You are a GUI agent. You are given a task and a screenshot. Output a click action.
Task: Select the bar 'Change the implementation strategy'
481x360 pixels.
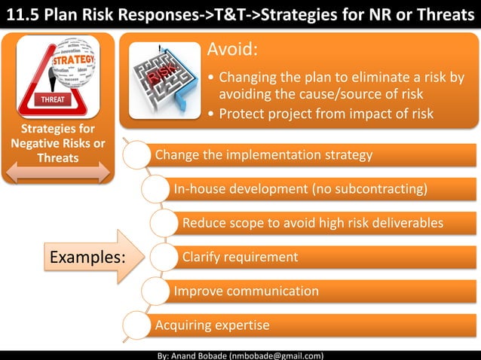(302, 156)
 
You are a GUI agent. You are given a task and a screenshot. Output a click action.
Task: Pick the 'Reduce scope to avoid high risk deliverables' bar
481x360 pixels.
(324, 223)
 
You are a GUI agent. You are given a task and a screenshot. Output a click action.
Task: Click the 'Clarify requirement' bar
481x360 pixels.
(324, 257)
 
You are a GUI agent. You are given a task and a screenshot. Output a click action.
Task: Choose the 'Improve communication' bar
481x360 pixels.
(317, 291)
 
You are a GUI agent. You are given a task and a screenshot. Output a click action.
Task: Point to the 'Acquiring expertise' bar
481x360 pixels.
(302, 325)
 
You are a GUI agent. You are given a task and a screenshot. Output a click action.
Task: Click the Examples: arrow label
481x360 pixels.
(87, 257)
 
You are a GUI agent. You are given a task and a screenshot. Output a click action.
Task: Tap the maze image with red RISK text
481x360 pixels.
(165, 79)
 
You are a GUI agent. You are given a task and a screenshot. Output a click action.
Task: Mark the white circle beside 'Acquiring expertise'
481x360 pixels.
(136, 325)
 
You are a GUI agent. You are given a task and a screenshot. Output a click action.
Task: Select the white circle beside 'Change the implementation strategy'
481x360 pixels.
(136, 156)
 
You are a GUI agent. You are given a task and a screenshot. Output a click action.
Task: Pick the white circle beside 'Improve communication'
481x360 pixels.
(155, 291)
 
